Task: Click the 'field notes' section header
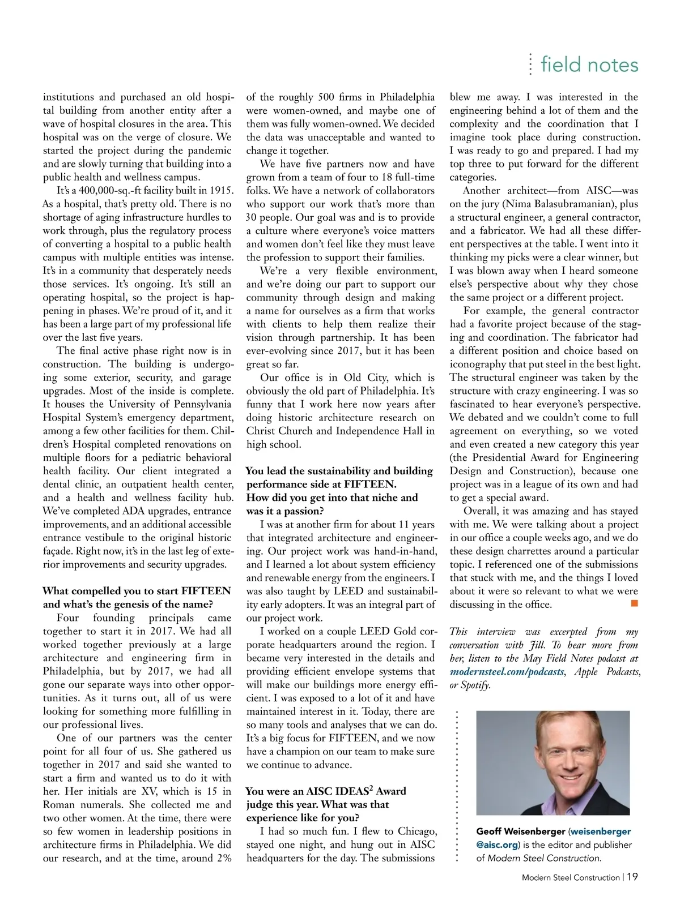589,65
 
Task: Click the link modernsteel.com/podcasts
507,672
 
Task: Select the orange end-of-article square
634,604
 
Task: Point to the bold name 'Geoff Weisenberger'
520,831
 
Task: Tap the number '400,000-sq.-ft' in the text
103,191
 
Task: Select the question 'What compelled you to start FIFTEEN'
137,591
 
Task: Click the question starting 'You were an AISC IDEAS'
325,791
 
